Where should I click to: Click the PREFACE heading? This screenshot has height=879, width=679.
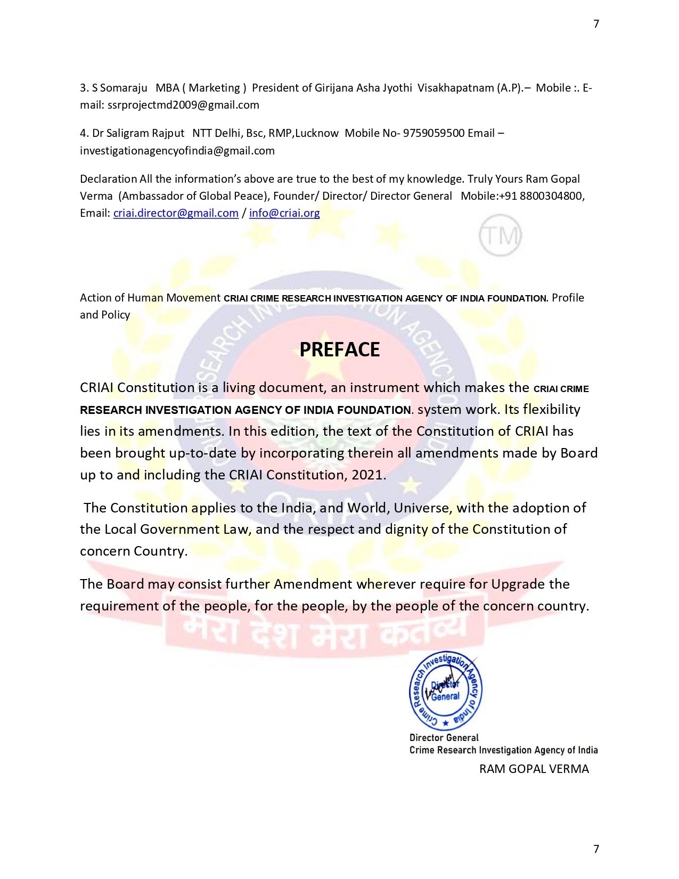(340, 349)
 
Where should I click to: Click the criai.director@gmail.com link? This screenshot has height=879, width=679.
(176, 213)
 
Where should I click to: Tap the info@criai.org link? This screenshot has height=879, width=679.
(284, 213)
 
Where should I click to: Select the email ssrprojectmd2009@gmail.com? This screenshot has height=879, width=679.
(183, 105)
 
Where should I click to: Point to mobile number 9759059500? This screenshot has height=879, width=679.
(433, 133)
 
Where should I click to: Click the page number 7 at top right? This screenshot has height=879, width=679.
(596, 24)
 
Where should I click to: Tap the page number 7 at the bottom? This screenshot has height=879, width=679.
(596, 849)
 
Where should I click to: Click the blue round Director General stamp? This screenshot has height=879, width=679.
(445, 691)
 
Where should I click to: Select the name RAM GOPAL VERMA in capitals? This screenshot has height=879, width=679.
(534, 769)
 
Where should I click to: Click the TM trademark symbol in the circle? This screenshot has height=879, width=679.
(500, 235)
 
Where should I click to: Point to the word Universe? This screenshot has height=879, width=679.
(422, 508)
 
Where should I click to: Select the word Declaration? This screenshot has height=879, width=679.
(109, 179)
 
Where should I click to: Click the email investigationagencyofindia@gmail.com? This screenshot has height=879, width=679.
(177, 151)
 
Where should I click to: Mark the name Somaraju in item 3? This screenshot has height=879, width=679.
(124, 88)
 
